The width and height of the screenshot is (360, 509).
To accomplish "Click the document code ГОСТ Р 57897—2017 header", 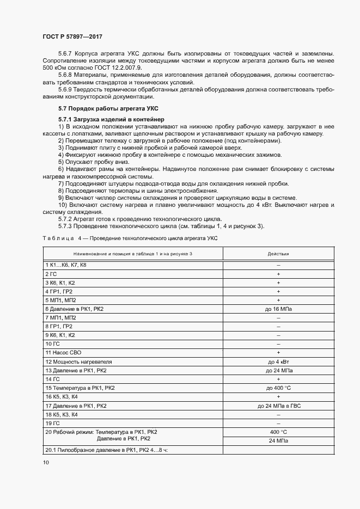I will point(72,36).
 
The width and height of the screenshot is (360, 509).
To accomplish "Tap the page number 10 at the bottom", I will point(45,462).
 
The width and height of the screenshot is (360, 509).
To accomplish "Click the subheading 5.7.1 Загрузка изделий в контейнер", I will point(106,119).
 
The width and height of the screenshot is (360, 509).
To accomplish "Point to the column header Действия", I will point(278,254).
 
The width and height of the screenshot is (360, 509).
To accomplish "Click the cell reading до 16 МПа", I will point(278,309).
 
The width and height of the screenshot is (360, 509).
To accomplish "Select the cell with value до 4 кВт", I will point(278,361).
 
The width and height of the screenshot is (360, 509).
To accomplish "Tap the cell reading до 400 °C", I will point(278,388).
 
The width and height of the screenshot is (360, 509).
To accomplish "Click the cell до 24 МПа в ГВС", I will point(278,406).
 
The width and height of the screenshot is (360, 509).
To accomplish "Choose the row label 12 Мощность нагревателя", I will point(78,361).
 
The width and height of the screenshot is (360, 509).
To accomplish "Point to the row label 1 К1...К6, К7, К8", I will point(66,265).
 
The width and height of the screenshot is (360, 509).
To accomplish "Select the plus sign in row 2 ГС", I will point(278,273).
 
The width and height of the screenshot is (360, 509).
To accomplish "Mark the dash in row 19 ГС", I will point(278,423).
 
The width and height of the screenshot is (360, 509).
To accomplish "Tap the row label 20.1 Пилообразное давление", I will point(106,450).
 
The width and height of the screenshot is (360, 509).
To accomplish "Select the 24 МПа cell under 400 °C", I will point(278,440).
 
